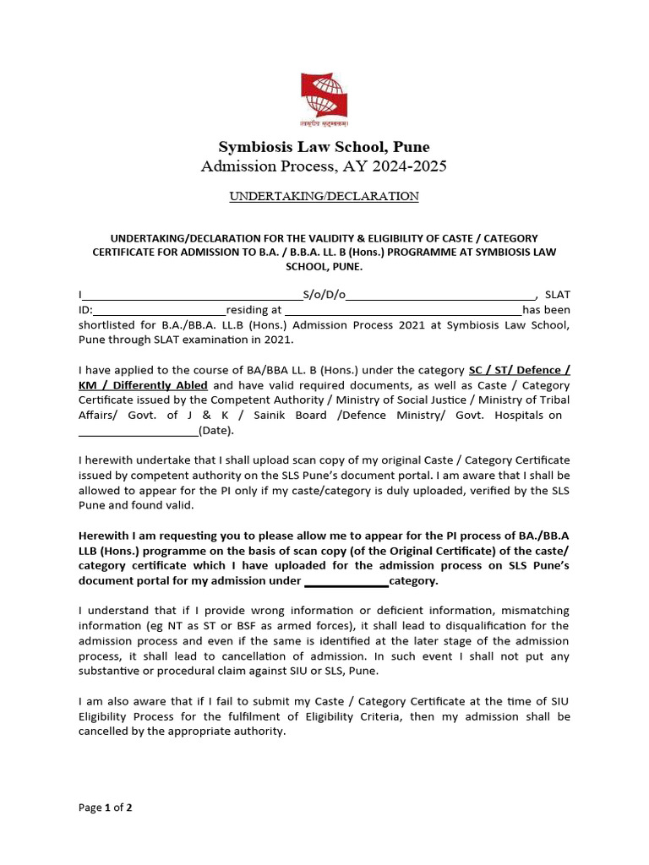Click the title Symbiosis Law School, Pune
(324, 147)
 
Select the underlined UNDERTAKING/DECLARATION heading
(324, 196)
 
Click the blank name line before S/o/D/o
(193, 295)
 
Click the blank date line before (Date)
(138, 431)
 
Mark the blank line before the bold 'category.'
(346, 581)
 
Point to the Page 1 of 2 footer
(106, 808)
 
